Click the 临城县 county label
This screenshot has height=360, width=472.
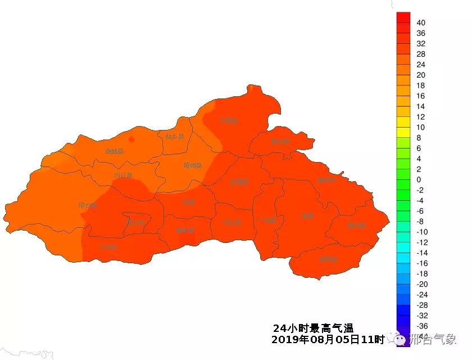click(115, 151)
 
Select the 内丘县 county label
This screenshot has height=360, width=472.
click(123, 176)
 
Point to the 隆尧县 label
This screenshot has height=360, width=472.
click(193, 165)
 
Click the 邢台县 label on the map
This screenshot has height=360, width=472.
click(88, 205)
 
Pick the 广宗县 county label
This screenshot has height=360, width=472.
click(267, 220)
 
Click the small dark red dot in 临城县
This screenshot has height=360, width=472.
click(131, 139)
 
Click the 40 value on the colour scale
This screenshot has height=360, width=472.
click(421, 22)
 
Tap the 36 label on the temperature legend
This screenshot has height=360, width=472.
click(421, 33)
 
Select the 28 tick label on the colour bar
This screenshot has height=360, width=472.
click(421, 54)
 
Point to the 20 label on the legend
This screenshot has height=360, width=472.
click(421, 75)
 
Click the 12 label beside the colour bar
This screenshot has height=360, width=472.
click(421, 117)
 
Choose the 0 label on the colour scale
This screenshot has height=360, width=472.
click(419, 179)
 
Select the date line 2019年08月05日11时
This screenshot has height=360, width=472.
click(328, 340)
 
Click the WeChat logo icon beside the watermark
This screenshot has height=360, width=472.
click(399, 339)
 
